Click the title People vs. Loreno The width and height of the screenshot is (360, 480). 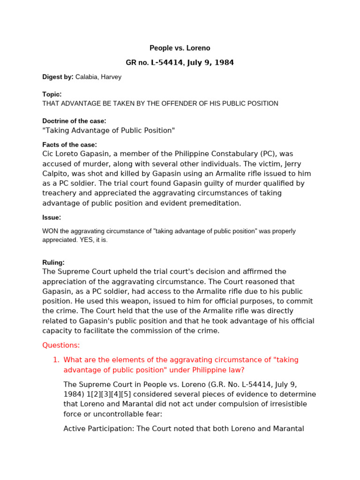[180, 48]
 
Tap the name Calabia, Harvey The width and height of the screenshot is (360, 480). [98, 77]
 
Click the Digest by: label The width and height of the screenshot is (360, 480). [58, 77]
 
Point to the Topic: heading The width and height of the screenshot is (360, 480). [52, 94]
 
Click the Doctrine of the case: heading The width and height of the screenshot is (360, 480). [74, 121]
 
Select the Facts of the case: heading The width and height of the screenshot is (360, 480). [69, 144]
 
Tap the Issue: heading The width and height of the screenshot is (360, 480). [52, 217]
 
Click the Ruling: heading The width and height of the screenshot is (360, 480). [53, 262]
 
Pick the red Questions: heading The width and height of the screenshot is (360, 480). [61, 345]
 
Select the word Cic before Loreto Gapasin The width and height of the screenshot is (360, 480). [48, 154]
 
